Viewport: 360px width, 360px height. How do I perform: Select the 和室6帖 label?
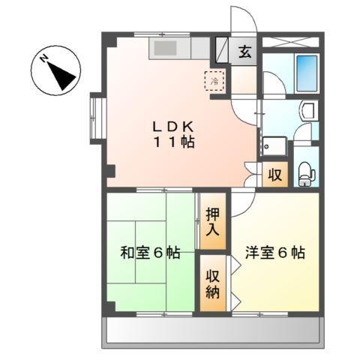[150, 253]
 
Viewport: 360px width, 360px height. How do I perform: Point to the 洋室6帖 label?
[274, 253]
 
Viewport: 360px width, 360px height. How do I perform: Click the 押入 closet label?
[212, 221]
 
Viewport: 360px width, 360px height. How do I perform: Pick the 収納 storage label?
[212, 282]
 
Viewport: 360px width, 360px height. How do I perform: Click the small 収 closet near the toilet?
[275, 175]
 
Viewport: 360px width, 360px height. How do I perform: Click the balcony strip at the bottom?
[214, 329]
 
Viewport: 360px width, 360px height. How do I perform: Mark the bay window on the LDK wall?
[95, 116]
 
